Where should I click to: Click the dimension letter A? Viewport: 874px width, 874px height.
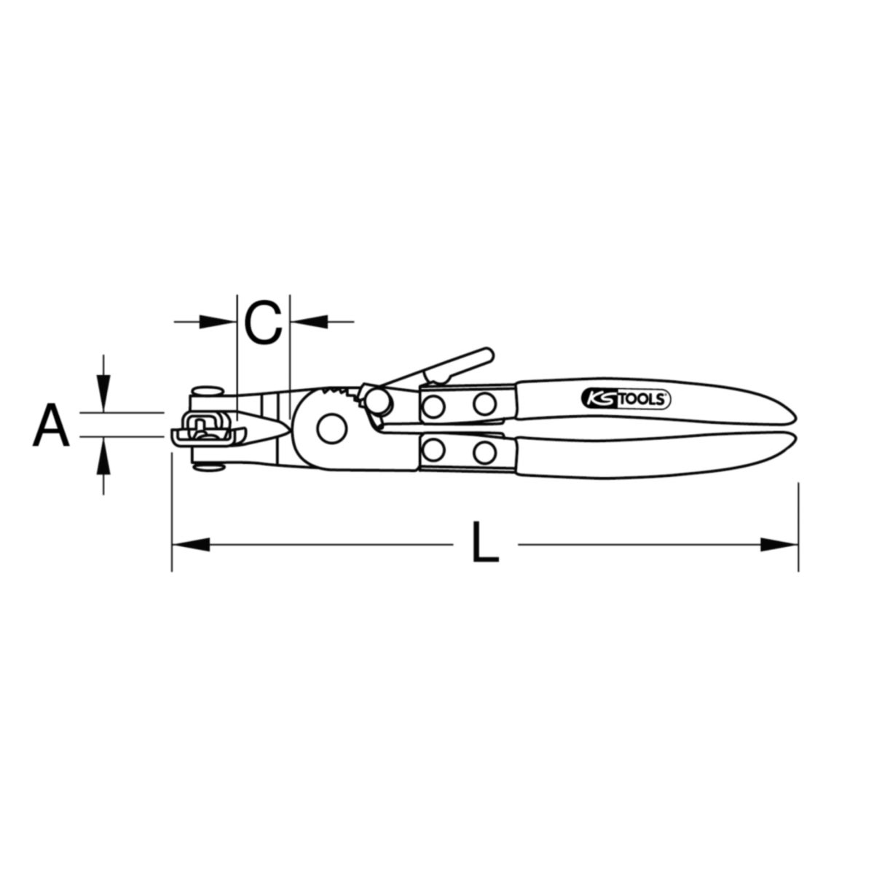51,426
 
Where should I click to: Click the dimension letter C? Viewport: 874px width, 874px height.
263,322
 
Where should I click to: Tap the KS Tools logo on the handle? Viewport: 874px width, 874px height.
626,399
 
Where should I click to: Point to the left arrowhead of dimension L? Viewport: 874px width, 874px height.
191,544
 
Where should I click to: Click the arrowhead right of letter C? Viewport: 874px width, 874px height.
309,322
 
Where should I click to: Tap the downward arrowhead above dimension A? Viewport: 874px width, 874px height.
104,395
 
